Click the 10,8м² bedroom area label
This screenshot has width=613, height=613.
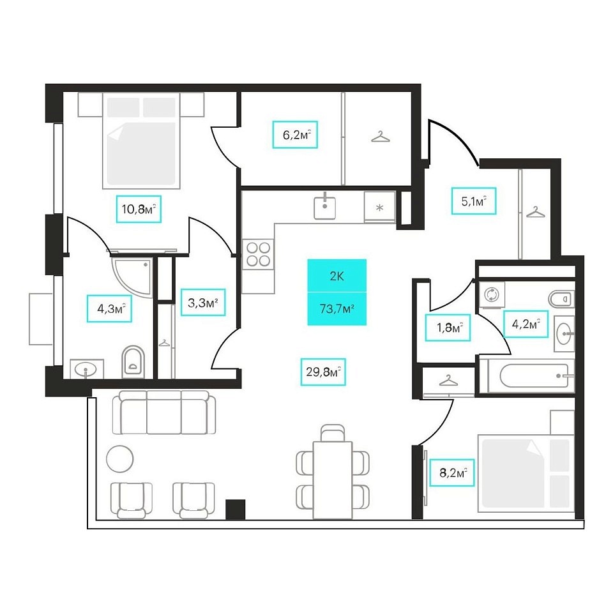pos(139,209)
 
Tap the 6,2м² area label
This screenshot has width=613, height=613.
pos(295,135)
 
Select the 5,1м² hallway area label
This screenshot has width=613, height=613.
pos(474,201)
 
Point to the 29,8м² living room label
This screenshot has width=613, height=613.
pos(323,372)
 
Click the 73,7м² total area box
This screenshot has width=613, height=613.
pos(337,309)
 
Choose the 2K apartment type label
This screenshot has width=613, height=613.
pos(337,276)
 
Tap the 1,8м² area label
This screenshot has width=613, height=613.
pos(448,327)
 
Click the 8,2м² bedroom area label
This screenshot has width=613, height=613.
pos(452,473)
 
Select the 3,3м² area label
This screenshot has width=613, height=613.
pos(203,302)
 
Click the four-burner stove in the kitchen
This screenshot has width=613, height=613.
pos(258,254)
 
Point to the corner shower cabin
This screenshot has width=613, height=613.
pos(132,276)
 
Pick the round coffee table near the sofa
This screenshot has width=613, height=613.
pos(119,459)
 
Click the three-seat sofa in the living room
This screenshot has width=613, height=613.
pos(164,412)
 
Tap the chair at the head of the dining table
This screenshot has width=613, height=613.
pos(333,433)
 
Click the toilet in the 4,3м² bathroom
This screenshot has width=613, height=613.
pos(133,362)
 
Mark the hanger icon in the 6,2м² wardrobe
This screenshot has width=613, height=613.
pos(381,137)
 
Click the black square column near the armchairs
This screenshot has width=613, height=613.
pos(236,509)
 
